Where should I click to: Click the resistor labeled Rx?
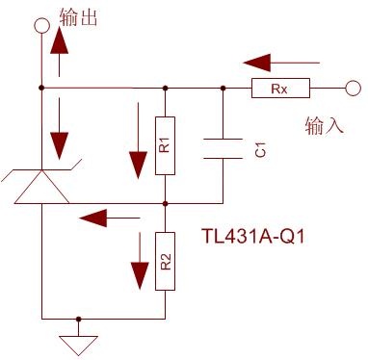(280, 88)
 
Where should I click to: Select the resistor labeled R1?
(165, 145)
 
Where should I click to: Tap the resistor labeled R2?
(165, 261)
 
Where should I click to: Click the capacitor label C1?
(260, 150)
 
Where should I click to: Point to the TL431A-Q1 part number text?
(253, 237)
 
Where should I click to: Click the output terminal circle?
(41, 25)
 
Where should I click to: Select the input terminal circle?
(354, 88)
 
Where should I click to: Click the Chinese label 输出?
(78, 17)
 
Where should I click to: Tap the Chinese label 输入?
(325, 125)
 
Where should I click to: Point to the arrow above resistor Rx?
(281, 63)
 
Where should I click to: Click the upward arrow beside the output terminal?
(60, 52)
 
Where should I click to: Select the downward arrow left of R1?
(138, 141)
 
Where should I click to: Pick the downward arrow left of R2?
(140, 261)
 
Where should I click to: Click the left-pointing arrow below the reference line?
(110, 219)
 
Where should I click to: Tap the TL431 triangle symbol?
(41, 187)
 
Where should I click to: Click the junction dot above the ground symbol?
(78, 319)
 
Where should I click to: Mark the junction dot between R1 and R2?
(165, 203)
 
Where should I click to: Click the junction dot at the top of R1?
(165, 88)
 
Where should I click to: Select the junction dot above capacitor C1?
(223, 88)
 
